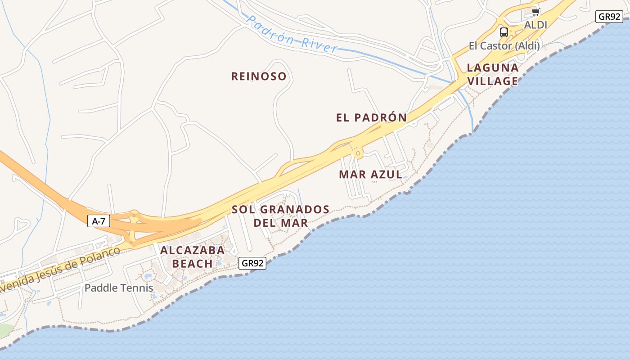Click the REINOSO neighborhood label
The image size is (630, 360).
(259, 76)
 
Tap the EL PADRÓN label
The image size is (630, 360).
(371, 118)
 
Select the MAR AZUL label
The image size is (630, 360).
(370, 175)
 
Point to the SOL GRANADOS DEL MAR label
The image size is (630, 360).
(281, 216)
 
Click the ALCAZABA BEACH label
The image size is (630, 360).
(193, 257)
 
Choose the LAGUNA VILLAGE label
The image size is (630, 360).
(492, 75)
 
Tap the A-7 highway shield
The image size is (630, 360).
(99, 221)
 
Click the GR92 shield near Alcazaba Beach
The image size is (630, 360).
(252, 263)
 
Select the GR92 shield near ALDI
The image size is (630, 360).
(609, 17)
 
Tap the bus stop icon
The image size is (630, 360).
(504, 32)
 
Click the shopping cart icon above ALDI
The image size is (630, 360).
(535, 12)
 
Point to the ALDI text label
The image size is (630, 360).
(535, 25)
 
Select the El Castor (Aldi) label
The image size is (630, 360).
(504, 46)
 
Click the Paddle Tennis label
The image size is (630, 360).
(119, 288)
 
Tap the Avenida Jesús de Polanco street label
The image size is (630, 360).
(58, 269)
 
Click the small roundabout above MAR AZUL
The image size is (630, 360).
(358, 154)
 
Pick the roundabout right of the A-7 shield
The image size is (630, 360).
(134, 215)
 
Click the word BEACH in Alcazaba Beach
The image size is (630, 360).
(193, 264)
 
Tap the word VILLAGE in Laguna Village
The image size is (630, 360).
(492, 81)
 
